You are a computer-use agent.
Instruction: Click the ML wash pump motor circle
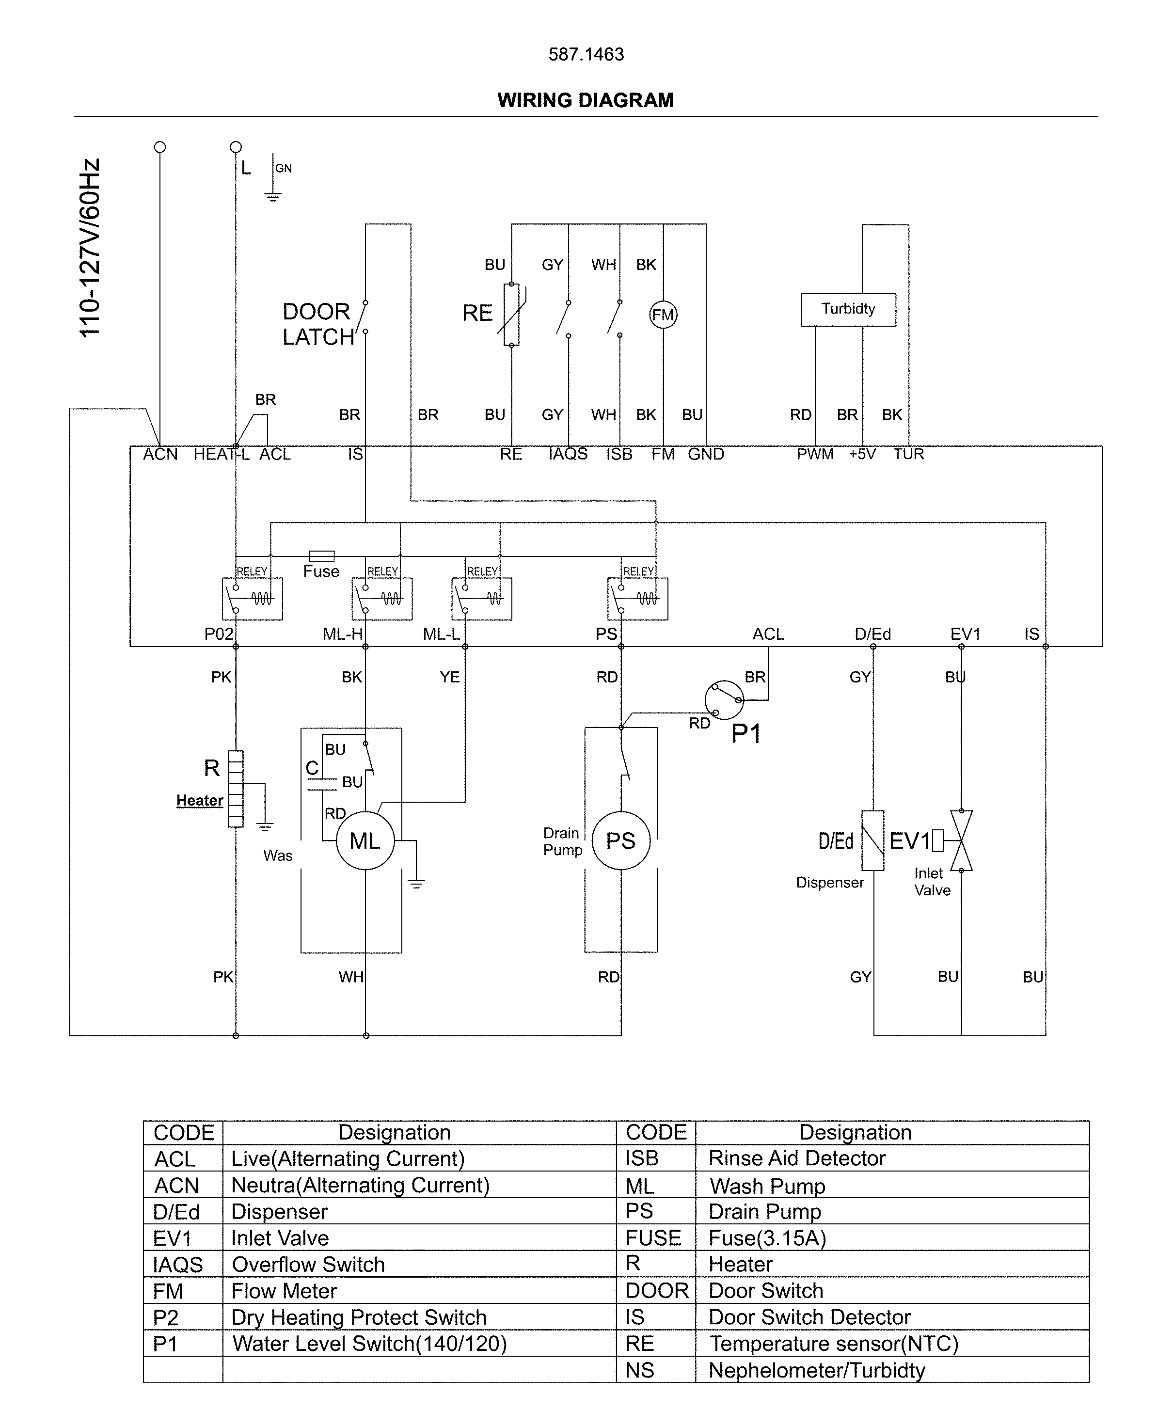tap(365, 840)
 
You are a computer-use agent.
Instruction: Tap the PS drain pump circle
tap(620, 840)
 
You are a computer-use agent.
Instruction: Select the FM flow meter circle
tap(663, 315)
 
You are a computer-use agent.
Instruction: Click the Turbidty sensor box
tap(848, 309)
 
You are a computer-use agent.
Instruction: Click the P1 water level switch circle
tap(724, 700)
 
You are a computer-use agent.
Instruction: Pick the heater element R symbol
tap(235, 788)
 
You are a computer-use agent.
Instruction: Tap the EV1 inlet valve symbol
tap(960, 840)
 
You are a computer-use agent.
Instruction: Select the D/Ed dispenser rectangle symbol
tap(872, 840)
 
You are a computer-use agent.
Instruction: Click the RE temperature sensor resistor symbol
tap(511, 315)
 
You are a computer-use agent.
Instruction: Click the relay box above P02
tap(252, 599)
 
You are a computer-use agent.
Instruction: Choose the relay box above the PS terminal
tap(637, 599)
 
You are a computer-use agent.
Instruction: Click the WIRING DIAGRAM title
tap(585, 100)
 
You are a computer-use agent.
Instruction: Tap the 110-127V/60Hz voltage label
tap(89, 249)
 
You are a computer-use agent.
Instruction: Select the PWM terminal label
tap(814, 454)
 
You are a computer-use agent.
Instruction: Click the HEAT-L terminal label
tap(221, 454)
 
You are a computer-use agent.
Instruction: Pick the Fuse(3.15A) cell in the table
tap(767, 1237)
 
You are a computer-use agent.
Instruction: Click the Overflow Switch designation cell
tap(308, 1264)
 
